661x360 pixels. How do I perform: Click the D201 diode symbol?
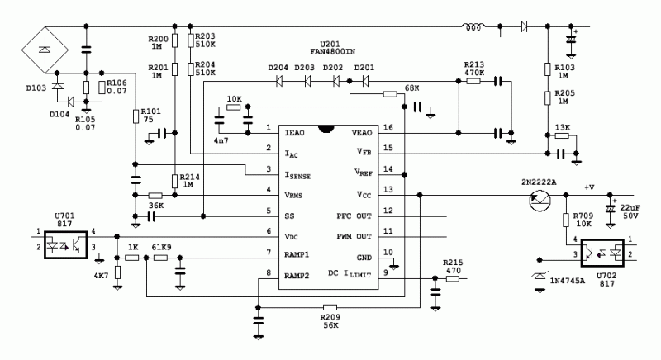pyautogui.click(x=364, y=81)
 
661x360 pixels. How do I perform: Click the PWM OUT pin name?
pyautogui.click(x=352, y=234)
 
